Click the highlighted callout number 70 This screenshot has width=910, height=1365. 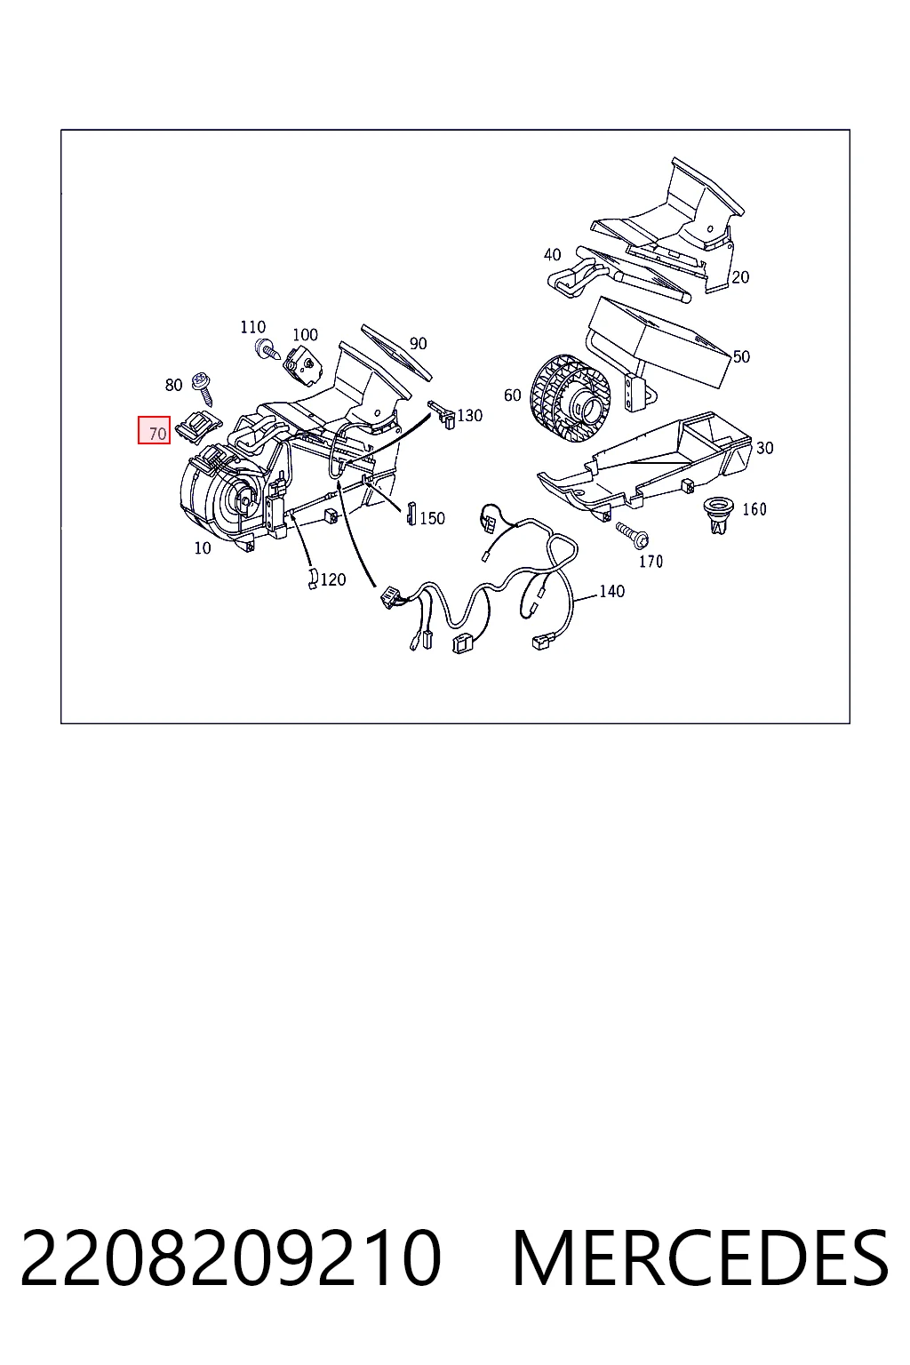158,434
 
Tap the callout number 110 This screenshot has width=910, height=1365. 253,327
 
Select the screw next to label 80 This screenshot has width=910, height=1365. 203,388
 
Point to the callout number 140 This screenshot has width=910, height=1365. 612,591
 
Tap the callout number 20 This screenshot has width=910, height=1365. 740,277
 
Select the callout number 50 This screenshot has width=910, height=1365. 741,356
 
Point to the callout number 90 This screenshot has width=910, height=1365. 419,344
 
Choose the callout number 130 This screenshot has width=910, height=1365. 470,416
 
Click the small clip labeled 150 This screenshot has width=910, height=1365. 411,513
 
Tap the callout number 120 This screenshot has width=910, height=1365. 332,579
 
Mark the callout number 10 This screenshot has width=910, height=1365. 203,548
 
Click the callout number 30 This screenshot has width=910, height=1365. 764,448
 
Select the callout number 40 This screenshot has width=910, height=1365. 552,255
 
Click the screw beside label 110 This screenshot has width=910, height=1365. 267,348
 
